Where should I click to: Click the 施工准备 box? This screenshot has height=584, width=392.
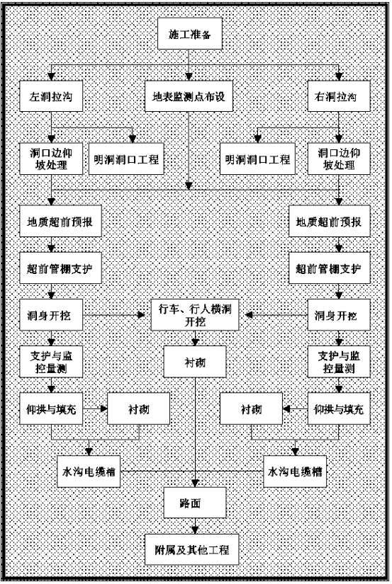pyautogui.click(x=190, y=33)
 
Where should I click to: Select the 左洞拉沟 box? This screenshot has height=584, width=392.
pyautogui.click(x=51, y=96)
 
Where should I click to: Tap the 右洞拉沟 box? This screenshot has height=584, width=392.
pyautogui.click(x=339, y=96)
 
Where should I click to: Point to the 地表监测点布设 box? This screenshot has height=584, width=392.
pyautogui.click(x=189, y=96)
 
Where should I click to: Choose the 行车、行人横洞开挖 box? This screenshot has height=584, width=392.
pyautogui.click(x=195, y=315)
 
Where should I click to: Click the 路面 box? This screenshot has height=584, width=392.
pyautogui.click(x=195, y=503)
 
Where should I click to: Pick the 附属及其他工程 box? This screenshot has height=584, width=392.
pyautogui.click(x=191, y=549)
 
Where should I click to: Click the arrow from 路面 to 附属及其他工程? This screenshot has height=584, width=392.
pyautogui.click(x=195, y=526)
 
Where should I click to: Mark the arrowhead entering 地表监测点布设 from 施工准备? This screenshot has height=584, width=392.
pyautogui.click(x=189, y=77)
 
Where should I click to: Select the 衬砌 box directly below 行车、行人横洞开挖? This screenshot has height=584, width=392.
pyautogui.click(x=195, y=362)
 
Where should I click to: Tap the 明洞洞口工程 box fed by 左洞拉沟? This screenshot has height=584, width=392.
pyautogui.click(x=126, y=159)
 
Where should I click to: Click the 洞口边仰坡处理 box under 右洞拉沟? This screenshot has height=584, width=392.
pyautogui.click(x=339, y=159)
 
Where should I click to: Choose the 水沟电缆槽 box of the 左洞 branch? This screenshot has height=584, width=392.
pyautogui.click(x=89, y=471)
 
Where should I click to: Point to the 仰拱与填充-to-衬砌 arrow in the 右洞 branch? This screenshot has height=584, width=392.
pyautogui.click(x=295, y=408)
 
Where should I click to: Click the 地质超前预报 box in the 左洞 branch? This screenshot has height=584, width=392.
pyautogui.click(x=60, y=221)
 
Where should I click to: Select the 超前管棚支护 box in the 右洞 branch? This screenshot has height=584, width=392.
pyautogui.click(x=330, y=268)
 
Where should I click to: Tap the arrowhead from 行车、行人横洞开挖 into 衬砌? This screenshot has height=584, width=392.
pyautogui.click(x=195, y=343)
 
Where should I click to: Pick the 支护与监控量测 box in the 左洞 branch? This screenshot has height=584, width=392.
pyautogui.click(x=51, y=362)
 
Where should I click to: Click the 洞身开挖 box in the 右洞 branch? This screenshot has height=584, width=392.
pyautogui.click(x=339, y=315)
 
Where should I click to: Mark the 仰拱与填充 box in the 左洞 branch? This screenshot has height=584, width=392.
pyautogui.click(x=51, y=408)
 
